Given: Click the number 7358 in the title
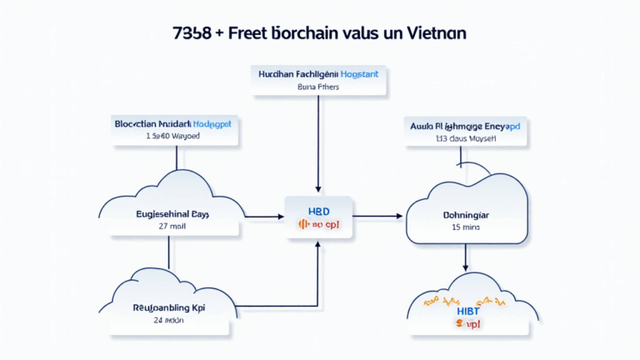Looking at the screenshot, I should point(191,33).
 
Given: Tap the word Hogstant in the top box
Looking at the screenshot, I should point(354,74).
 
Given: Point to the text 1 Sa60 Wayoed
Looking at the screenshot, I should point(172,135).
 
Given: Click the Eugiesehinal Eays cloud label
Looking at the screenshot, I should point(172,214).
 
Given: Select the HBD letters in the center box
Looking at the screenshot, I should point(318,212).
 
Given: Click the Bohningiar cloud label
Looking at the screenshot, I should point(465,214).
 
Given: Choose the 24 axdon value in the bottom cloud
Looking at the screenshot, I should point(170,320).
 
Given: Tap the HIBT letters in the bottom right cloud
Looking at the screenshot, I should point(467,310).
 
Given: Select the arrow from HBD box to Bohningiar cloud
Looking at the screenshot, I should point(379,217).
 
